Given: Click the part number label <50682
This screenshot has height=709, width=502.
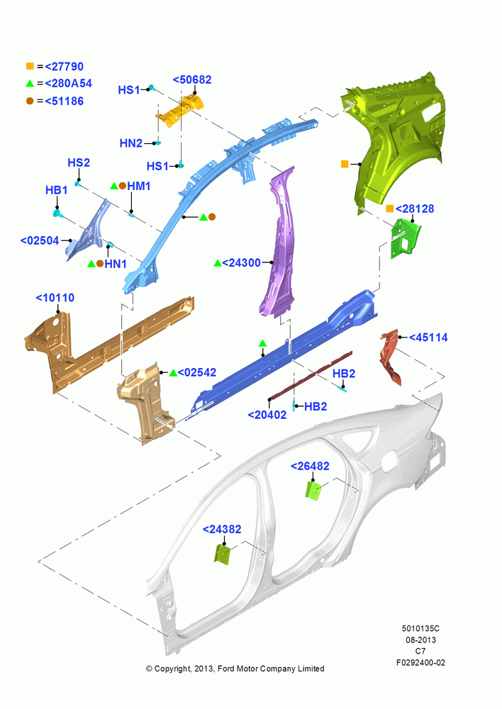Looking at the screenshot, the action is coord(192,79).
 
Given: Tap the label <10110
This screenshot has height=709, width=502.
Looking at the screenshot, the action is coord(55,298).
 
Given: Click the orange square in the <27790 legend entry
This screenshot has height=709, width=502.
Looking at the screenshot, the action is coord(30,66).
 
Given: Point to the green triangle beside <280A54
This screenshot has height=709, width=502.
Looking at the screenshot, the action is coord(30,83).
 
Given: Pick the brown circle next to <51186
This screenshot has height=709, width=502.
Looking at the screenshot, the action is coord(30,101).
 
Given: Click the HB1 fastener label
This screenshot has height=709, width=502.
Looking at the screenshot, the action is coord(57,190).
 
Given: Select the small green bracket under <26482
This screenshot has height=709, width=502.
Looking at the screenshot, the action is coord(313,490).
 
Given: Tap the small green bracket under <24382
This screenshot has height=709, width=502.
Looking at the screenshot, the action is coord(223,554).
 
